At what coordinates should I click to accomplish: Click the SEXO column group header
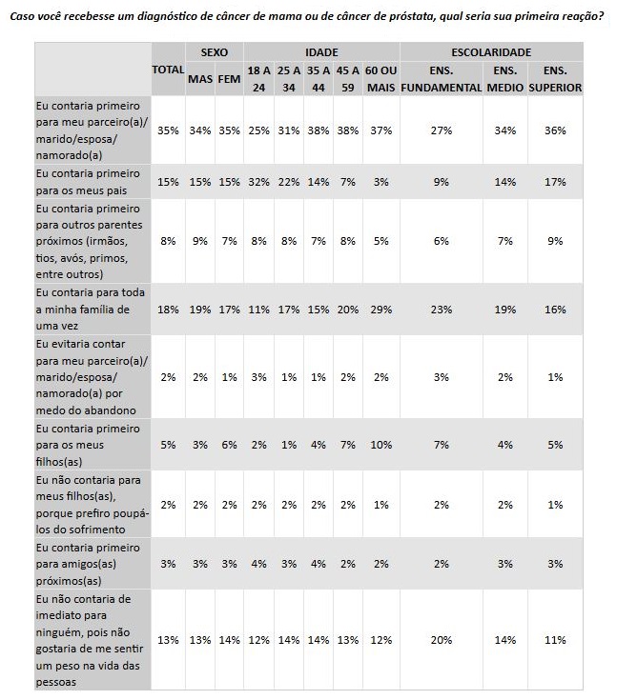point(215,51)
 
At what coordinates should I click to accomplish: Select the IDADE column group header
point(321,51)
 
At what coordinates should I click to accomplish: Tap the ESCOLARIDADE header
point(490,51)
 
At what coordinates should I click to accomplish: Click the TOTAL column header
point(168,70)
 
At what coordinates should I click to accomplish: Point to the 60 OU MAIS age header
point(381,78)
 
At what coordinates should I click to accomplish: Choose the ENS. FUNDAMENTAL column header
point(442,78)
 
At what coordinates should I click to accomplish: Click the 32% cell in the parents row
point(257,181)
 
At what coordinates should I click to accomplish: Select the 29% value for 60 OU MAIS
point(381,309)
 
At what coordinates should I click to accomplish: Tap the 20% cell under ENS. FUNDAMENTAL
point(442,640)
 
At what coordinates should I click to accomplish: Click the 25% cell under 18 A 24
point(257,130)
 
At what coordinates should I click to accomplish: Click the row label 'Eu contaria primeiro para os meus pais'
point(87,181)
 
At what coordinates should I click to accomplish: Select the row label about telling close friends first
point(87,564)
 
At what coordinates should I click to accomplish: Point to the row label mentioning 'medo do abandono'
point(87,377)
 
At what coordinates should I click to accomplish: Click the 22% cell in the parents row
point(287,181)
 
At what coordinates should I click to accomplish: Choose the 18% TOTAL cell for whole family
point(168,309)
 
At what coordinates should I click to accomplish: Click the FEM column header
point(229,78)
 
